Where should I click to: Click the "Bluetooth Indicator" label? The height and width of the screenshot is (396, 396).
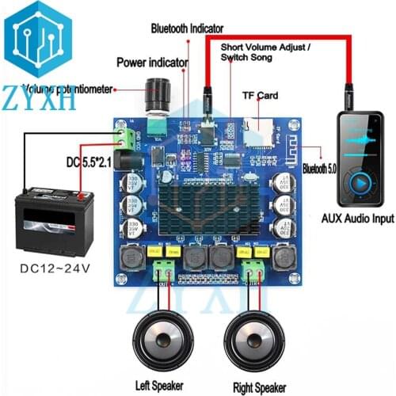(187, 29)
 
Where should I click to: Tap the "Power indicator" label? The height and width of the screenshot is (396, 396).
(152, 62)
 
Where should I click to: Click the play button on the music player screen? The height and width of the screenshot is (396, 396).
(360, 180)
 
